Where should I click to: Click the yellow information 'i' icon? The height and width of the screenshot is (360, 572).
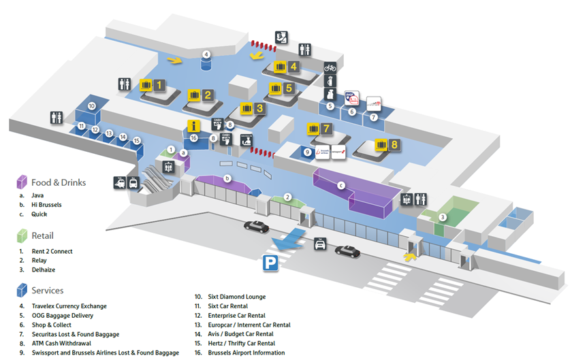coord(194,125)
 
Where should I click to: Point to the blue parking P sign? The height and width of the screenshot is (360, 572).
coord(271,261)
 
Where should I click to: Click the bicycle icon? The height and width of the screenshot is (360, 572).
coord(330,68)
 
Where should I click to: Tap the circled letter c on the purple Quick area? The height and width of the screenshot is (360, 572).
coord(341,184)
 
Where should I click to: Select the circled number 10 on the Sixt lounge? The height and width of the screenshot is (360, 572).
coord(91,106)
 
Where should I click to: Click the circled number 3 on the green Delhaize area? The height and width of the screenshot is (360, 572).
coord(442,217)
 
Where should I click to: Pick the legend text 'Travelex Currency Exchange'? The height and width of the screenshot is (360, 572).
coord(69,306)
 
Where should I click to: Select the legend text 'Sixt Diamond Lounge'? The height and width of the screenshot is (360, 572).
coord(236,297)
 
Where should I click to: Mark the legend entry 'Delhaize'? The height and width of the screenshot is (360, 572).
coord(44,269)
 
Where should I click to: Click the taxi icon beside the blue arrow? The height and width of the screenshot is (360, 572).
coord(319,244)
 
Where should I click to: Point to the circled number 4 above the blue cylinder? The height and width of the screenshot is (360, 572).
coord(206,54)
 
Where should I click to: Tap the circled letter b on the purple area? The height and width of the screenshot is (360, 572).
coord(227,178)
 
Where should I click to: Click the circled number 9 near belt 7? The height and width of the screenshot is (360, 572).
coord(307,152)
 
